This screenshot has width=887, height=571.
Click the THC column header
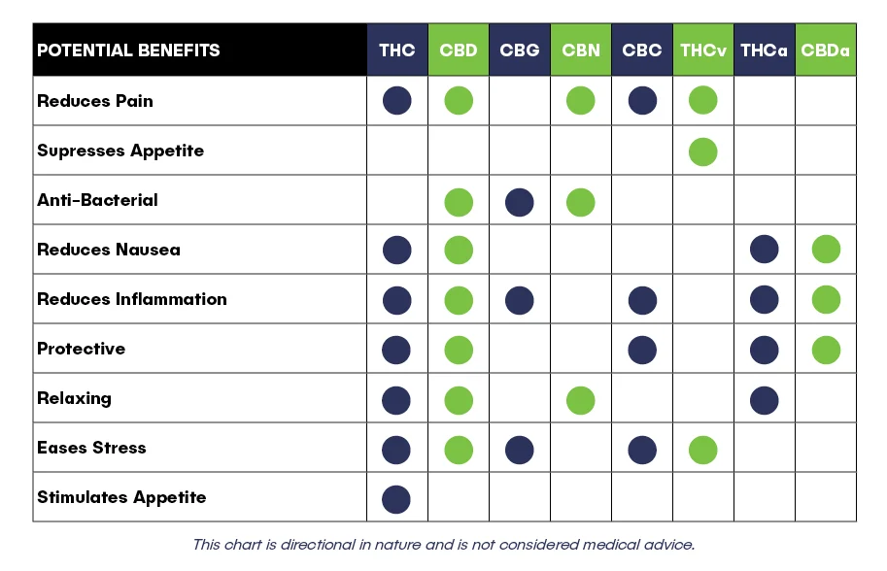(397, 50)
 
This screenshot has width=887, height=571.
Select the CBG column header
(520, 50)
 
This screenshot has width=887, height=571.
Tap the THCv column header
(703, 50)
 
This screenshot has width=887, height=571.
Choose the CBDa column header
(826, 50)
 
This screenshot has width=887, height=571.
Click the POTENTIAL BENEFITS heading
(128, 50)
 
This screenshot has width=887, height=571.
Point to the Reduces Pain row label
(95, 101)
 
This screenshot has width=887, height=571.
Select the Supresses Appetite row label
(120, 151)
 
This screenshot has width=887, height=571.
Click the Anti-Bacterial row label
(97, 200)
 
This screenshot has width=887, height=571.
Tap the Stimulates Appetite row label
(121, 497)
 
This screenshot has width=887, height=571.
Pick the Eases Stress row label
(91, 448)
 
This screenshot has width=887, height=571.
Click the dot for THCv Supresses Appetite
(703, 151)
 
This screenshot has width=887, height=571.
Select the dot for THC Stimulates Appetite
(396, 499)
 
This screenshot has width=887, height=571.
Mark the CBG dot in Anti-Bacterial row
(520, 202)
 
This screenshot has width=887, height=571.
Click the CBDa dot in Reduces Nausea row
(826, 250)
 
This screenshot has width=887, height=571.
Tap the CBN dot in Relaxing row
(580, 400)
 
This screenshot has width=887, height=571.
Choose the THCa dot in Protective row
(765, 350)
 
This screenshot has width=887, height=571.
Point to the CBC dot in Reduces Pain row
(642, 101)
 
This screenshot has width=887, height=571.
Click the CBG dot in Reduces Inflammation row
(520, 300)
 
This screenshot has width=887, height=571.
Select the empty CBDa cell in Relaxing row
(826, 397)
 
